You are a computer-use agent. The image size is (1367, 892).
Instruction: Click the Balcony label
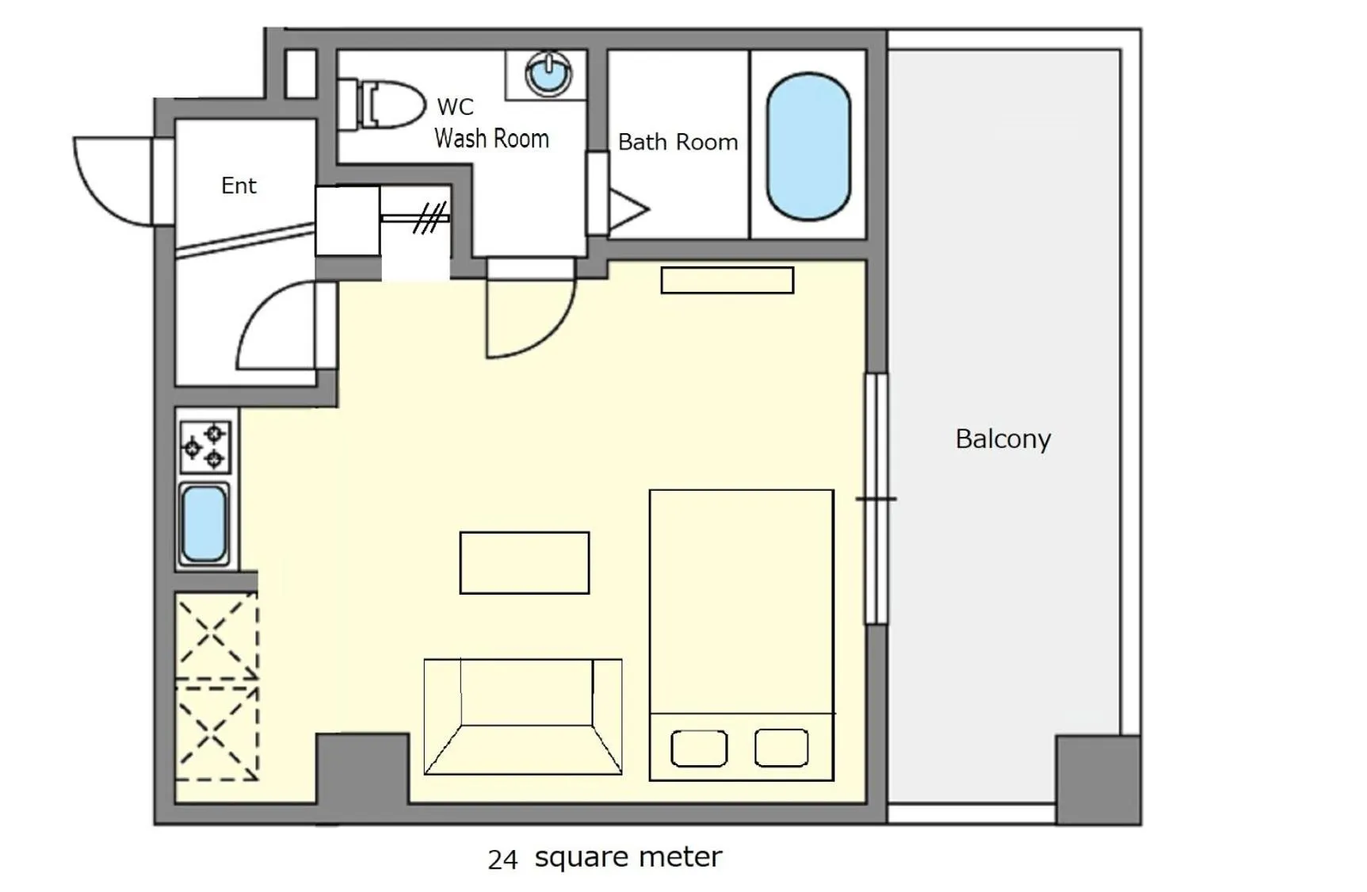[x=1002, y=438]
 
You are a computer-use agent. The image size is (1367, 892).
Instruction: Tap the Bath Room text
[x=678, y=142]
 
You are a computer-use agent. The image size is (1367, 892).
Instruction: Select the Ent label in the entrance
[x=239, y=186]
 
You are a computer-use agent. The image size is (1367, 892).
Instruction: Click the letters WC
[x=455, y=106]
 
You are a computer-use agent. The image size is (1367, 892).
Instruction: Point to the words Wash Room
[x=491, y=139]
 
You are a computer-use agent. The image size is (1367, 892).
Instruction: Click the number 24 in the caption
[x=502, y=859]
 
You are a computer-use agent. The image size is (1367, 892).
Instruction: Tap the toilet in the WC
[x=384, y=105]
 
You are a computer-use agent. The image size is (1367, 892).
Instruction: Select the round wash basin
[x=548, y=74]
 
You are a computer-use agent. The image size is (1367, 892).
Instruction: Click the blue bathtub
[x=808, y=147]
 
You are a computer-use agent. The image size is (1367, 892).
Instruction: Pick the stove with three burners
[x=204, y=446]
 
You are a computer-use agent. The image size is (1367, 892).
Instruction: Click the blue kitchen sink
[x=204, y=524]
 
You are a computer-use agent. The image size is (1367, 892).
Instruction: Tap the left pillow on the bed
[x=699, y=748]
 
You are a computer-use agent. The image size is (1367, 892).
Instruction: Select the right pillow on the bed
[x=781, y=748]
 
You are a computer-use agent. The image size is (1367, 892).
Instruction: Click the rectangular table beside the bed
[x=525, y=563]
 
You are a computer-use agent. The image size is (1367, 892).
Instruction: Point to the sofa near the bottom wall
[x=523, y=716]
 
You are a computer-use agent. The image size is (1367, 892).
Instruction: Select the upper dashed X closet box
[x=216, y=636]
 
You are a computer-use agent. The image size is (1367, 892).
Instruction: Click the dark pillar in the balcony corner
[x=1098, y=779]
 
